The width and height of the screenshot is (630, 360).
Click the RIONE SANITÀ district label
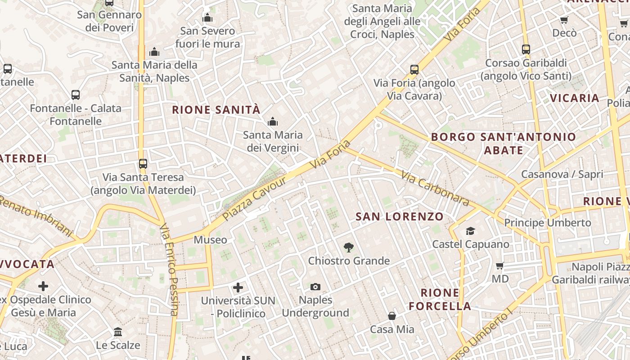216,109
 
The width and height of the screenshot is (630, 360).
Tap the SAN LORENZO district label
400,216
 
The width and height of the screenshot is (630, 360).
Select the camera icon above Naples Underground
315,287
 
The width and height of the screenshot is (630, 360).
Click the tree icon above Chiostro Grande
348,247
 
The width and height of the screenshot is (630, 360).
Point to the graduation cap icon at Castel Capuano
470,231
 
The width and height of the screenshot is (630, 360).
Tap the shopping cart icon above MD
499,265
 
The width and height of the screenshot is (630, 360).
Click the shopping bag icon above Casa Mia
392,316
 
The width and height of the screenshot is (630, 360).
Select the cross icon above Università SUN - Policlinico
238,287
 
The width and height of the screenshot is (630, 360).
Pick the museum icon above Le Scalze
118,332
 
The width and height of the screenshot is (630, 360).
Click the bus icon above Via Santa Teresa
143,163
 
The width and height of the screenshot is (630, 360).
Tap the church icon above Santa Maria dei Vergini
272,121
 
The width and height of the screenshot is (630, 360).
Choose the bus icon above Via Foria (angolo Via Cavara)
414,70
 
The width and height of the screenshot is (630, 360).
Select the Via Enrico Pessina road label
169,270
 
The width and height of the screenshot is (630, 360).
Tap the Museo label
210,240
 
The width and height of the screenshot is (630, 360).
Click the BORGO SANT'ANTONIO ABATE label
504,143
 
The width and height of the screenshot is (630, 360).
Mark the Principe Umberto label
547,223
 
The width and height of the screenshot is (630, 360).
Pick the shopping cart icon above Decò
564,20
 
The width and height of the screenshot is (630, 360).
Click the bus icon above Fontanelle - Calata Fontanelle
76,95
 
